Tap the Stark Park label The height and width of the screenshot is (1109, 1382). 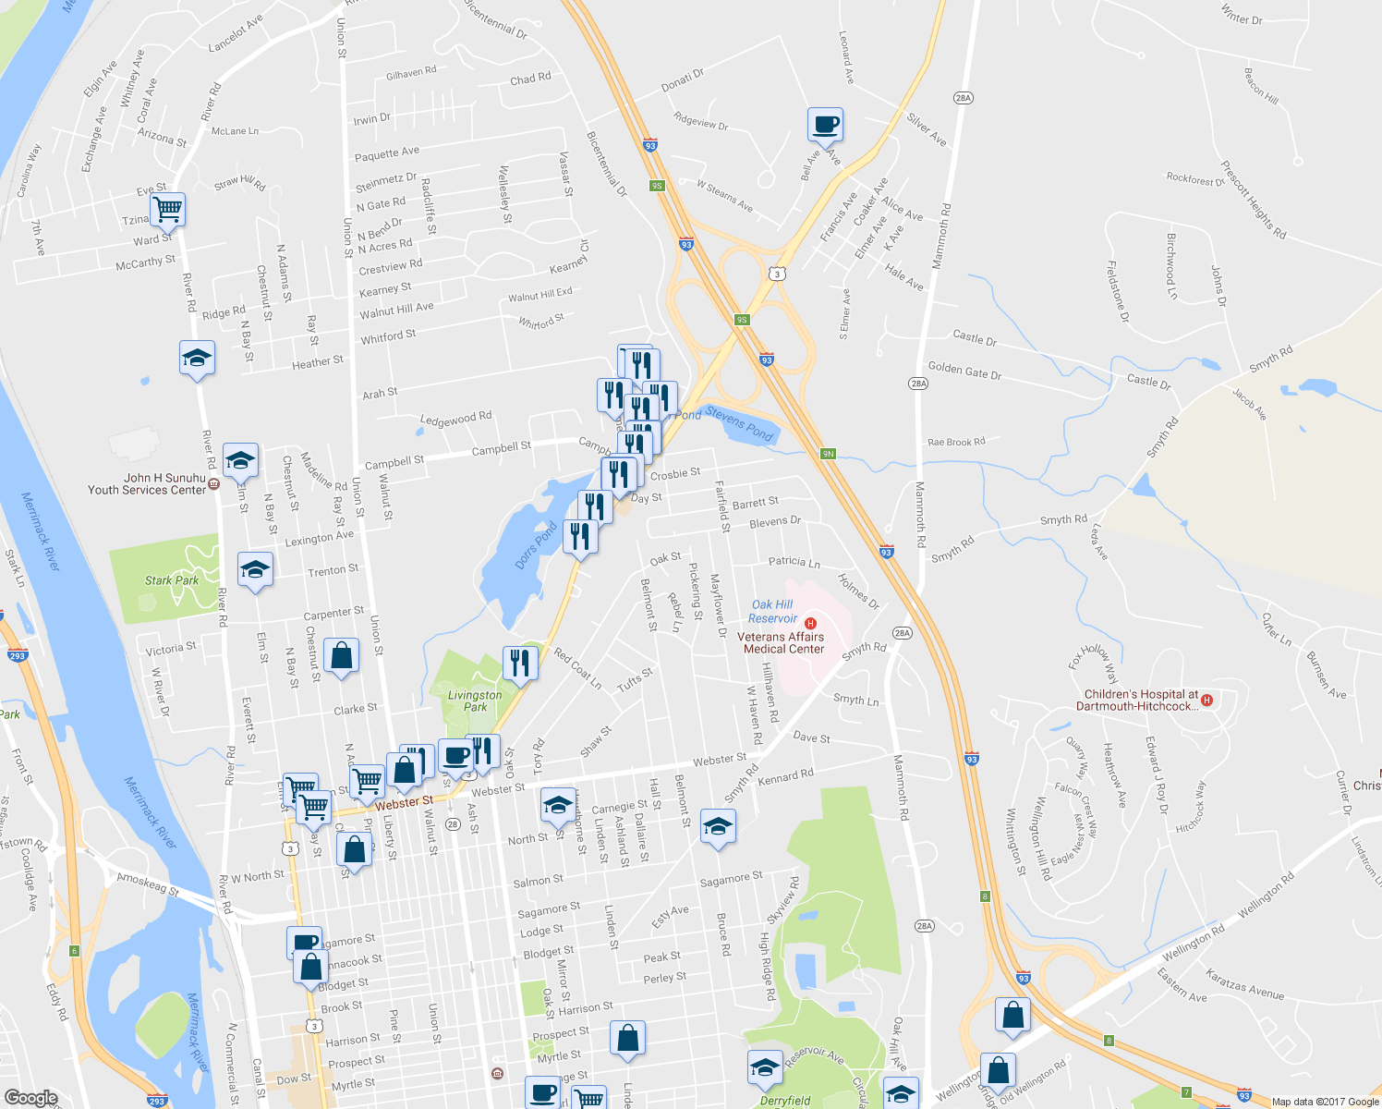172,580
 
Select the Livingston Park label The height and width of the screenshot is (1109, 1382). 475,701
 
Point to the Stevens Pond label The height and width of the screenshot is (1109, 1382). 739,424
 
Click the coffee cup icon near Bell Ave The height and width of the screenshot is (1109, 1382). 825,124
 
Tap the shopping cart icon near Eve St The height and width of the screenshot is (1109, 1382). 167,209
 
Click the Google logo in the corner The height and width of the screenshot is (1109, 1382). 30,1098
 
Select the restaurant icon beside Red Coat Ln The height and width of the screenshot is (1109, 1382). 520,663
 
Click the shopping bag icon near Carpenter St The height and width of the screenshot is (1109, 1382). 341,656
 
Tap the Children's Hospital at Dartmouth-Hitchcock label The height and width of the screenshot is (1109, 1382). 1141,700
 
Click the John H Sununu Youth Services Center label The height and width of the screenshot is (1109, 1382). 147,484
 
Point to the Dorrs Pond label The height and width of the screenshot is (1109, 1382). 536,545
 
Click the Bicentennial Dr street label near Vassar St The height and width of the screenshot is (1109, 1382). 607,164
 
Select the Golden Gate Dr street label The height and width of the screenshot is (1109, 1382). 964,371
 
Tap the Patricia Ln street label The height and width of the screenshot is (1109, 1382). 794,562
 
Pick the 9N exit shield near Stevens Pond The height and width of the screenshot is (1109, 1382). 828,454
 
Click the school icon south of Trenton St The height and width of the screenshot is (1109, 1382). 254,570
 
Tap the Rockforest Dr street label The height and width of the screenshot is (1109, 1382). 1194,179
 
